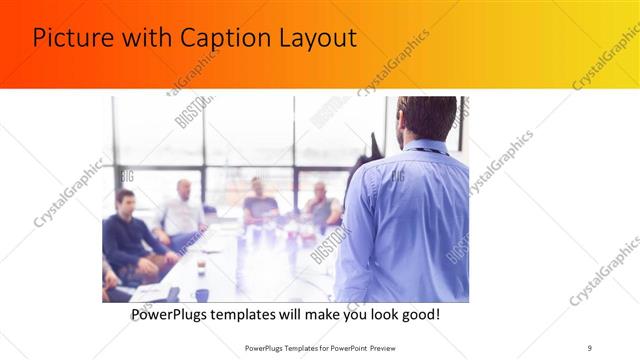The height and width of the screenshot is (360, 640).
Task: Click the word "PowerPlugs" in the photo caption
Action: click(x=176, y=315)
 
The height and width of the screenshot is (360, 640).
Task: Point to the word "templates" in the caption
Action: click(x=260, y=315)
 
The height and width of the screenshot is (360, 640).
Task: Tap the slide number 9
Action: click(x=589, y=348)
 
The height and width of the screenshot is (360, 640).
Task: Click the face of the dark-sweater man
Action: click(x=125, y=201)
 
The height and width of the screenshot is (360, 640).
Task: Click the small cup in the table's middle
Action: click(x=201, y=265)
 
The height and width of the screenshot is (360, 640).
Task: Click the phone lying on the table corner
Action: click(x=172, y=294)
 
